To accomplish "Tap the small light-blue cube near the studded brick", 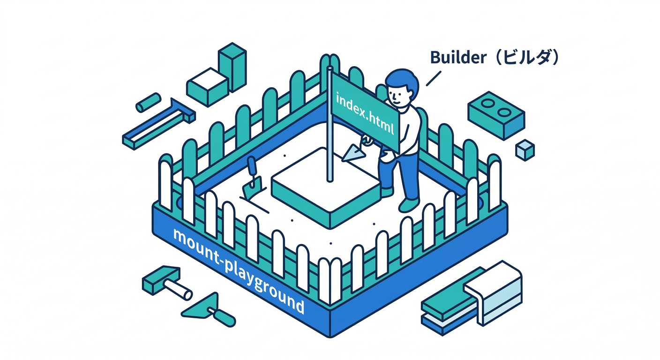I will tap(525, 150).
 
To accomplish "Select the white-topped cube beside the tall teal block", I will tap(207, 86).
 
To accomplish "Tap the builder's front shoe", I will tap(408, 204).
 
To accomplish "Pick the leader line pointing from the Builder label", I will tap(434, 78).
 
